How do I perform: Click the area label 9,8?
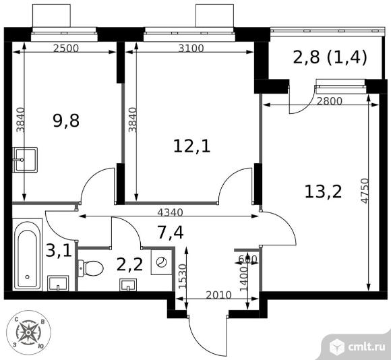(x=65, y=122)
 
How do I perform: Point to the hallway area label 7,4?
(x=171, y=233)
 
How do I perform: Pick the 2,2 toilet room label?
(x=129, y=264)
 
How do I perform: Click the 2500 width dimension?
(x=65, y=48)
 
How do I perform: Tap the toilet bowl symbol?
(x=91, y=268)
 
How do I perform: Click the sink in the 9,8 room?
(x=25, y=160)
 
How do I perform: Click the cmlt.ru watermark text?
(x=365, y=346)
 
